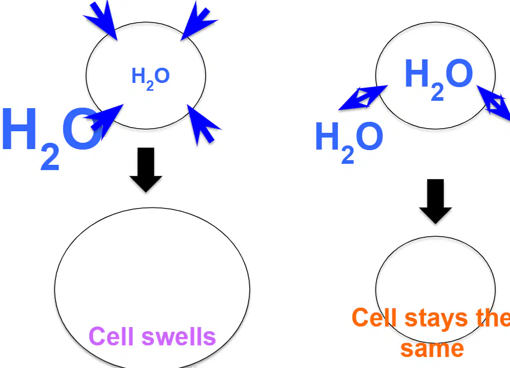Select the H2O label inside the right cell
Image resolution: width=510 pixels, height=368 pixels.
(x=439, y=79)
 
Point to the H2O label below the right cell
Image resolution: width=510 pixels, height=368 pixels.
(x=349, y=142)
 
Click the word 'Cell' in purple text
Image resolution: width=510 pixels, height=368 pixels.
(x=111, y=336)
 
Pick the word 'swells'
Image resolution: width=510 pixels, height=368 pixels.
(x=178, y=336)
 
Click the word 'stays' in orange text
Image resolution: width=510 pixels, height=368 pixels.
(x=436, y=318)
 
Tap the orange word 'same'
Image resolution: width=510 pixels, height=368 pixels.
(x=432, y=349)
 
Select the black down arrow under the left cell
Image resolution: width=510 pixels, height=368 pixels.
(x=146, y=170)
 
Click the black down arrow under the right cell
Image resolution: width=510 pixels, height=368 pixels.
(x=435, y=201)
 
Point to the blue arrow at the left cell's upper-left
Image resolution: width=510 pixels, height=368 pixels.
(x=101, y=20)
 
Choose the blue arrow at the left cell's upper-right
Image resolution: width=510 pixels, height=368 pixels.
(x=198, y=21)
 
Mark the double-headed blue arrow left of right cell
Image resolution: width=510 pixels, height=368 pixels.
(x=363, y=98)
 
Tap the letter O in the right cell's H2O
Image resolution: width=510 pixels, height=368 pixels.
(x=459, y=73)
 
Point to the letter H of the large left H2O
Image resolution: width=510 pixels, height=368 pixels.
(x=19, y=129)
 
